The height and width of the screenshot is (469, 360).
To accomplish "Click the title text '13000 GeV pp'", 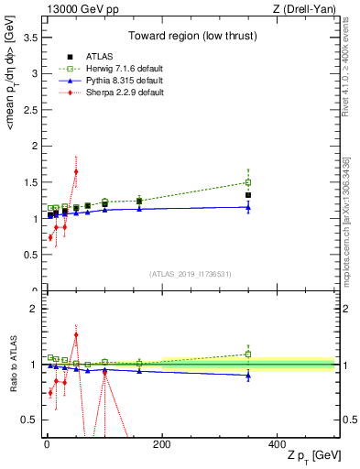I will tap(76, 10).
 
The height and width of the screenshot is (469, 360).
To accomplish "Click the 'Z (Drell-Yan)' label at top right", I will tap(306, 10).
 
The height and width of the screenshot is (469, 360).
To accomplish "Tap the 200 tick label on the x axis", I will tap(161, 443).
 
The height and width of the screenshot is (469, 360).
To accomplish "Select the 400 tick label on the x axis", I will tap(277, 443).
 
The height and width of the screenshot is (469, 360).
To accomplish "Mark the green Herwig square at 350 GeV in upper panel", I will tap(248, 182).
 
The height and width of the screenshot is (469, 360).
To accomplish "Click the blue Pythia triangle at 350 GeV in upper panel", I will tap(248, 207).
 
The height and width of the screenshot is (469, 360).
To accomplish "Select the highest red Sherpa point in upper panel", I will tap(76, 171).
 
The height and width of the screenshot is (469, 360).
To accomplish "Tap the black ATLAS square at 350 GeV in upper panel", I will tap(248, 195).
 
